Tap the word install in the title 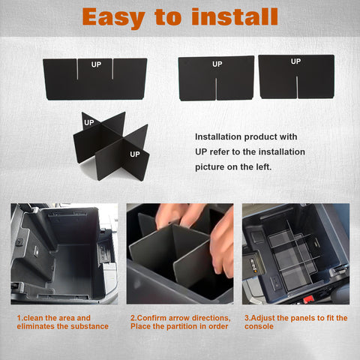[x=235, y=16]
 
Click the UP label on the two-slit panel [x=96, y=64]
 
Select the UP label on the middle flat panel [x=217, y=64]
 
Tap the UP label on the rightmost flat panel [x=295, y=61]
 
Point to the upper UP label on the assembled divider [x=89, y=122]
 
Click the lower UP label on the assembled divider [x=135, y=154]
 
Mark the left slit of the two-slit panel [x=77, y=69]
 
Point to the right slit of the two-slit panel [x=112, y=69]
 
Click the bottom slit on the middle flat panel [x=216, y=89]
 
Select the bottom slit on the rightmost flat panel [x=297, y=87]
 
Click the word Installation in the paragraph [x=218, y=136]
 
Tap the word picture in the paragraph [x=209, y=167]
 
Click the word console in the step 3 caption [x=259, y=326]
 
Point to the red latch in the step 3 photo [x=308, y=299]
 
